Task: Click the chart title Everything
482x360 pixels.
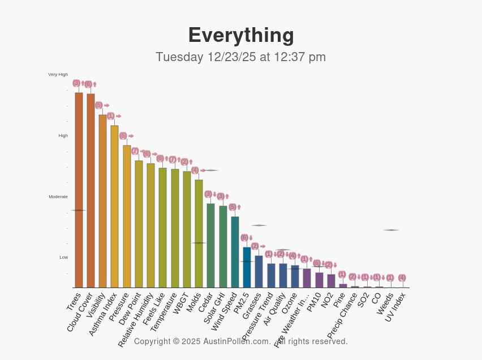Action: click(x=241, y=35)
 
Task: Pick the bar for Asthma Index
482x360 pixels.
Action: click(x=114, y=206)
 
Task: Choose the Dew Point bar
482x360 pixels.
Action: click(x=139, y=224)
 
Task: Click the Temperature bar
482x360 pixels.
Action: click(x=175, y=228)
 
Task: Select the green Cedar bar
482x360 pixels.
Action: click(x=210, y=245)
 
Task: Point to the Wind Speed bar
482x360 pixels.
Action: click(x=235, y=252)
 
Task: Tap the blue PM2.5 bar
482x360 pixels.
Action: click(x=247, y=267)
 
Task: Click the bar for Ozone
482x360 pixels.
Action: click(x=295, y=276)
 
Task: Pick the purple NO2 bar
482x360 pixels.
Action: click(x=331, y=281)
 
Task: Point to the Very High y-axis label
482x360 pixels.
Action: click(x=58, y=74)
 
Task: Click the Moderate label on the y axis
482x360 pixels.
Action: click(x=58, y=196)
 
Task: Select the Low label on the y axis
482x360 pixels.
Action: click(x=63, y=257)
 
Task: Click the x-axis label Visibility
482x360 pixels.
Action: click(x=96, y=306)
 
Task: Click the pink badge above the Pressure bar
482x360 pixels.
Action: click(x=123, y=136)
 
